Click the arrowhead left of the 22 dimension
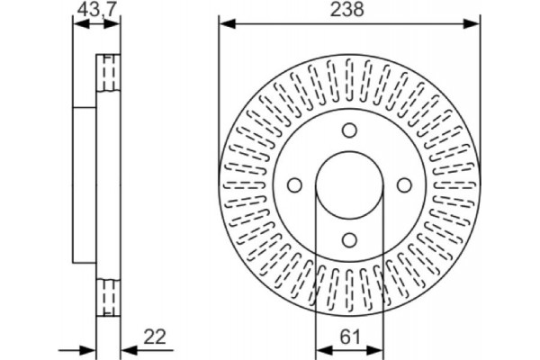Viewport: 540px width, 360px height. (x=89, y=348)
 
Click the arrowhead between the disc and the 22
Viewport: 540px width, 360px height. (x=124, y=348)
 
